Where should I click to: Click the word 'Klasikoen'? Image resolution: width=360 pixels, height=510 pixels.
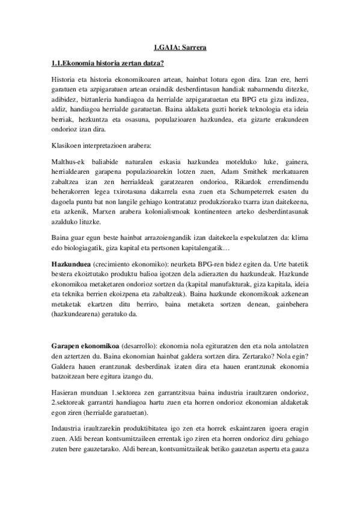click(67, 144)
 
